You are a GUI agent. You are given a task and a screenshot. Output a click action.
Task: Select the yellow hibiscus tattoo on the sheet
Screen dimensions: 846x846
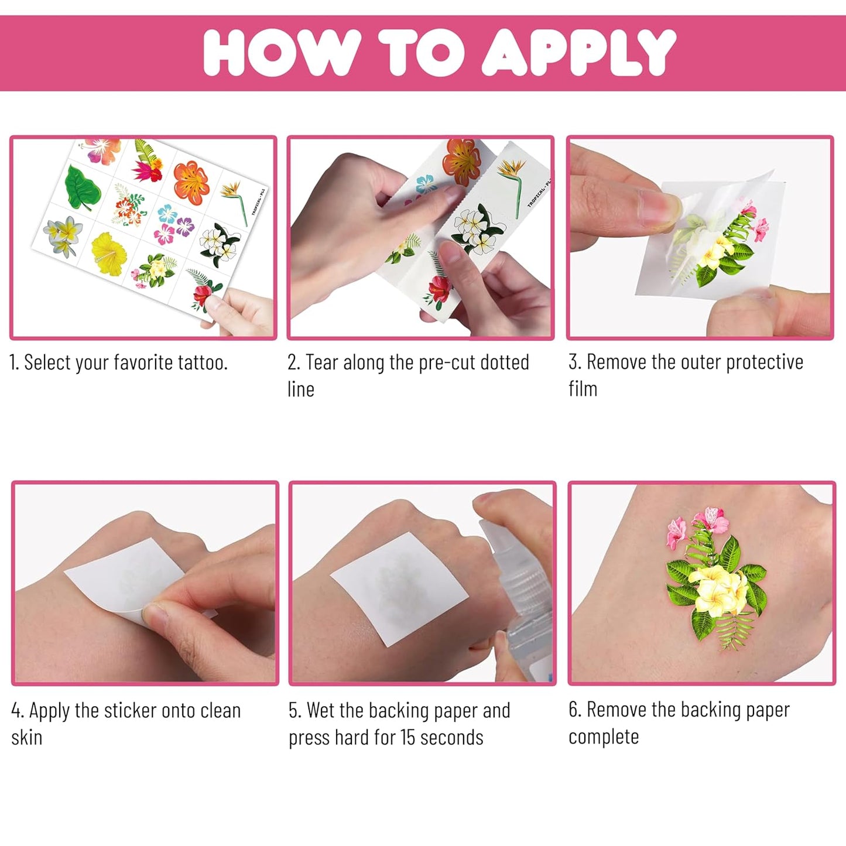click(109, 252)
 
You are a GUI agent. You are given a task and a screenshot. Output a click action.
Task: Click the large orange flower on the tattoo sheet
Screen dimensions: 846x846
click(191, 183)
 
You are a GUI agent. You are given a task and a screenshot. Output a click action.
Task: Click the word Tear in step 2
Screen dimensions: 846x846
click(321, 362)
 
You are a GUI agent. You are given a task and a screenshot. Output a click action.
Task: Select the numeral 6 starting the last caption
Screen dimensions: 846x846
click(574, 710)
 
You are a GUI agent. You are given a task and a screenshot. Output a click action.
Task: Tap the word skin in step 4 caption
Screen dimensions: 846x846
click(27, 738)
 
